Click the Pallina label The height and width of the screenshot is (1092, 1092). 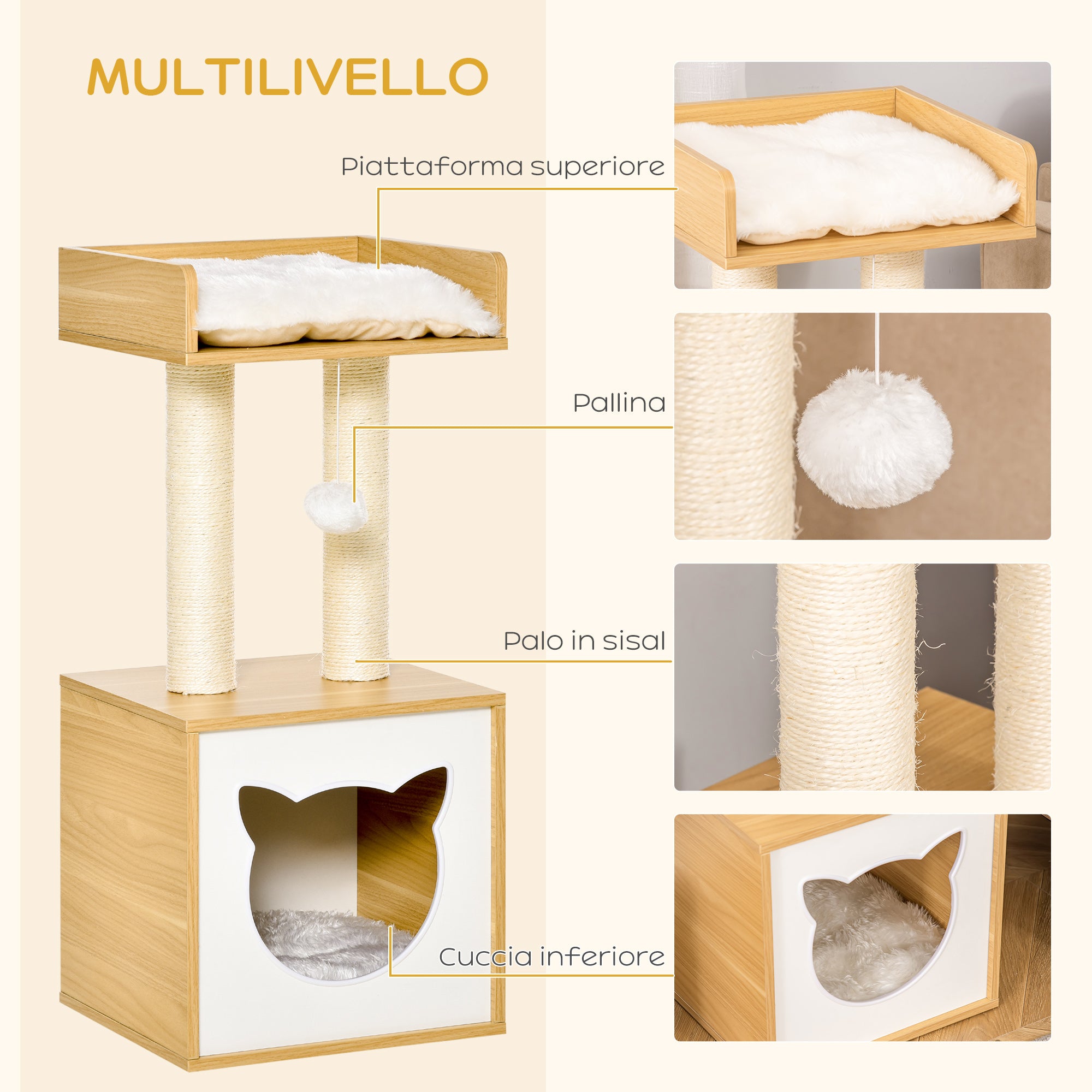point(619,403)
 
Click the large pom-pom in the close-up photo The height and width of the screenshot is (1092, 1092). point(874,438)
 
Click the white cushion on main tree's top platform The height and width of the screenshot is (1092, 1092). point(339,300)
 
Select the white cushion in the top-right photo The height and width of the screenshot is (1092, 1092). point(848,175)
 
